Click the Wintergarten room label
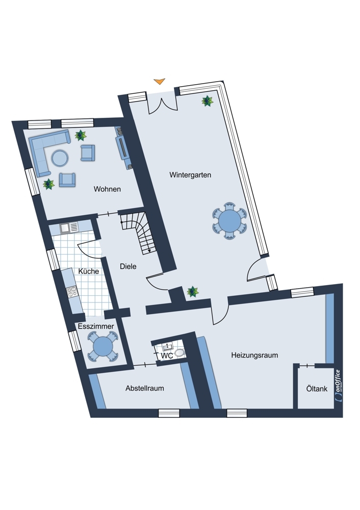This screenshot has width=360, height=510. click(190, 175)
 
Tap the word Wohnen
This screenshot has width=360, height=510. click(107, 189)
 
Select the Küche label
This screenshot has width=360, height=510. click(88, 271)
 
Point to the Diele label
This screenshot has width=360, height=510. click(128, 266)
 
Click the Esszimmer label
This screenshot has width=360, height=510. click(96, 326)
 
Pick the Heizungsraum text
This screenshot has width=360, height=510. click(254, 355)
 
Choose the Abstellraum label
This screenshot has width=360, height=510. click(145, 388)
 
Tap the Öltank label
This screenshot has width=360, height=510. click(317, 389)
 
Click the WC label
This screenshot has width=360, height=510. click(167, 356)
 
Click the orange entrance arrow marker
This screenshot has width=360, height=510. click(160, 81)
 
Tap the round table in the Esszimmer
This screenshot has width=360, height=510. click(102, 346)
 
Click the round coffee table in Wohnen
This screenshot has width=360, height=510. click(60, 158)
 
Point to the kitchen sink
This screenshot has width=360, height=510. click(69, 227)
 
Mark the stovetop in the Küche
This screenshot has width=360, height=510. click(72, 291)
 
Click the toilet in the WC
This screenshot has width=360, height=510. click(179, 352)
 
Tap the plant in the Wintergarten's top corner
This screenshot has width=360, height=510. click(207, 101)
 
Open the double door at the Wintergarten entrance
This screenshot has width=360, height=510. click(162, 103)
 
